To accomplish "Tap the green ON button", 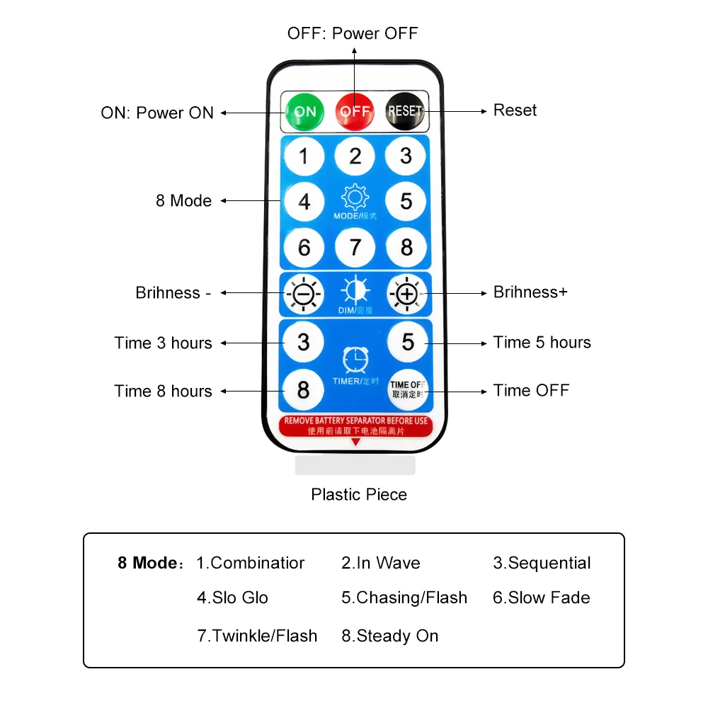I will (304, 111).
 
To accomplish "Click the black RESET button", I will (405, 111).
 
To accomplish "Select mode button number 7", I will (355, 247).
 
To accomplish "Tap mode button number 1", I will (304, 156).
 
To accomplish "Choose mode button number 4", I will (304, 202).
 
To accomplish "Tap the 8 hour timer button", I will (304, 389).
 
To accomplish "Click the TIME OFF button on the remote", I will (408, 389).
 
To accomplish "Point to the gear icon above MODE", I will (355, 196).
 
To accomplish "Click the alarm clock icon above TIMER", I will (355, 360).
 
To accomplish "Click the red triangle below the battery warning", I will (355, 442).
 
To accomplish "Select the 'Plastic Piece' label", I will (359, 494).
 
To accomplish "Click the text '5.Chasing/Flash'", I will (404, 598).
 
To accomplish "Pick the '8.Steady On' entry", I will (390, 636).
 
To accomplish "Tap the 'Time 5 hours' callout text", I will (542, 343).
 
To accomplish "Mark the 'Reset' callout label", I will (515, 110).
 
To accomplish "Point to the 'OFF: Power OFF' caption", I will (353, 33).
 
